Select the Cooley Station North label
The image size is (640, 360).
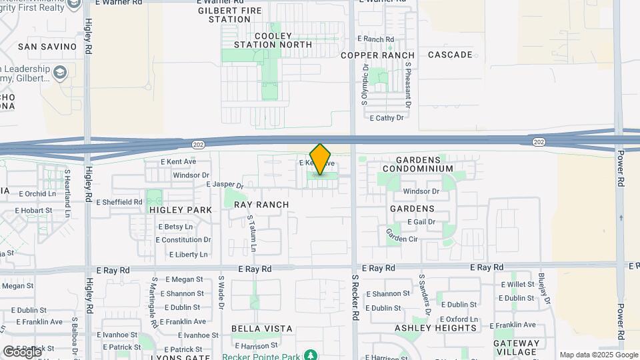(x=273, y=40)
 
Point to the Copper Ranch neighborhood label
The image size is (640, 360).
(x=377, y=55)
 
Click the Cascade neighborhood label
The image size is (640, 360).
(x=450, y=55)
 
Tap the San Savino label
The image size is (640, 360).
(x=39, y=47)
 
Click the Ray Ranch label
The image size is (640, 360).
(x=261, y=205)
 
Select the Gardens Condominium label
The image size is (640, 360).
(x=424, y=164)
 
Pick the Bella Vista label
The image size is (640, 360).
(x=262, y=329)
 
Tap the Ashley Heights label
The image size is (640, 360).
(x=436, y=328)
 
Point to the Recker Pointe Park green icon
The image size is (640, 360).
(x=309, y=355)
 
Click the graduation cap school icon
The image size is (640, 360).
(x=61, y=72)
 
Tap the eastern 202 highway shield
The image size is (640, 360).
(x=538, y=141)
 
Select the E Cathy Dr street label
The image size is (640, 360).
(x=387, y=117)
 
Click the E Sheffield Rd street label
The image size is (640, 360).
(x=119, y=202)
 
